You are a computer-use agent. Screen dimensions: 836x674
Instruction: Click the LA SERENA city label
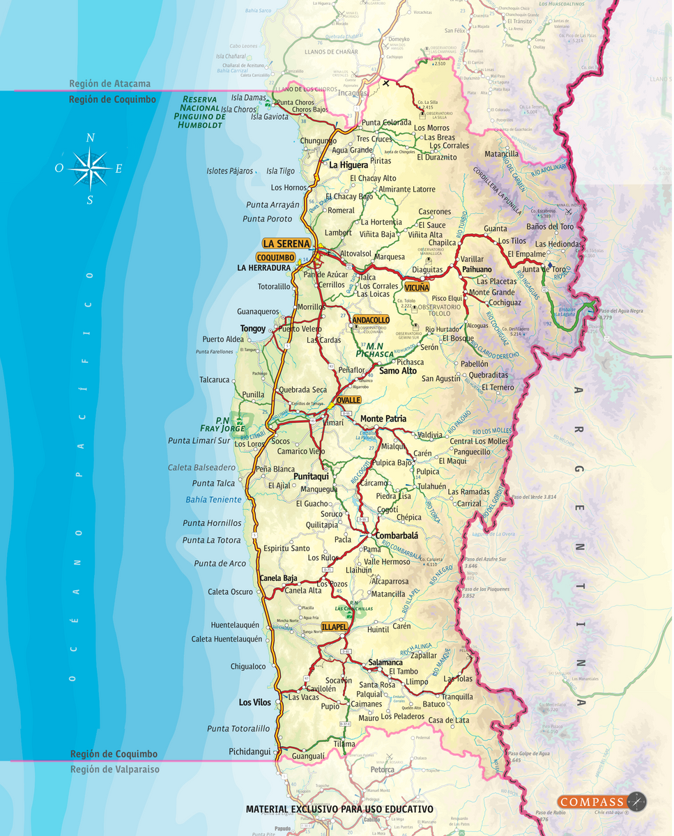[x=286, y=244]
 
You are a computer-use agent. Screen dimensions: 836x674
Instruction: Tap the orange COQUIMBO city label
[x=275, y=257]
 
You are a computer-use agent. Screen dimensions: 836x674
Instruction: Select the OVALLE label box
[x=348, y=401]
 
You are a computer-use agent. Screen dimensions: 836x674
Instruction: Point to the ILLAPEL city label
[x=334, y=627]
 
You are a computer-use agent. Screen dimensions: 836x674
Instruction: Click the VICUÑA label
[x=417, y=287]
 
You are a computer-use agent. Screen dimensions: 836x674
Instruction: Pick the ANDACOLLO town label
[x=371, y=320]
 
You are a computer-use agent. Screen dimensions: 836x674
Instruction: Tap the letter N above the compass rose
[x=90, y=138]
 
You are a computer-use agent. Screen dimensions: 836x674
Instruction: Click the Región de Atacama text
[x=109, y=84]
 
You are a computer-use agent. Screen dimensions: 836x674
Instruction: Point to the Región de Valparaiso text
[x=115, y=769]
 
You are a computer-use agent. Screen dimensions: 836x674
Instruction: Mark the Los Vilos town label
[x=255, y=702]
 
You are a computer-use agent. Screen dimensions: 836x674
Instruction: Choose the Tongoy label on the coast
[x=253, y=328]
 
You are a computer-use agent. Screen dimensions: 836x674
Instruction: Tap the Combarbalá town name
[x=397, y=535]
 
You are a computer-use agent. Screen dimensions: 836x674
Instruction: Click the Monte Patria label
[x=383, y=419]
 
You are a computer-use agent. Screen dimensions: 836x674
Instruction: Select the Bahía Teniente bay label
[x=213, y=500]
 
